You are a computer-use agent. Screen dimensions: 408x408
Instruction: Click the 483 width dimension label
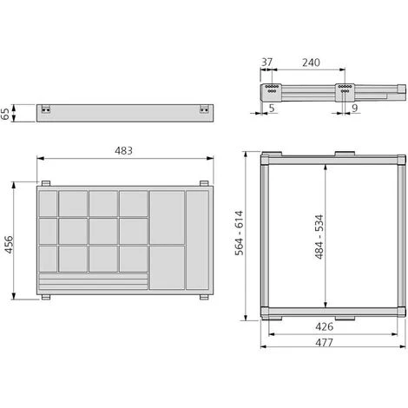pyautogui.click(x=123, y=151)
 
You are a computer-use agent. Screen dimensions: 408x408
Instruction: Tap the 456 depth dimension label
pyautogui.click(x=9, y=245)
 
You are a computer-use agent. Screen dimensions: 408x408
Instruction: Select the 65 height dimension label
pyautogui.click(x=5, y=114)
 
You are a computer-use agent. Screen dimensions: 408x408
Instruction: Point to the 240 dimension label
pyautogui.click(x=311, y=63)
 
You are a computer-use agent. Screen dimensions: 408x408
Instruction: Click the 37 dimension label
pyautogui.click(x=267, y=62)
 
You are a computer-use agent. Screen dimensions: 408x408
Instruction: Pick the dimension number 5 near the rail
pyautogui.click(x=272, y=108)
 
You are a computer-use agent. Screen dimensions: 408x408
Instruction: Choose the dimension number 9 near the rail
pyautogui.click(x=355, y=108)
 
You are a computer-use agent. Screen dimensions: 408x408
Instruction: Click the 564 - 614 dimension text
pyautogui.click(x=240, y=234)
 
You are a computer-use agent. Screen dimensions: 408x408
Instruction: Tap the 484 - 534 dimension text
pyautogui.click(x=319, y=237)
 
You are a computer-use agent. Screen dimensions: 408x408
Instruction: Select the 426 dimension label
pyautogui.click(x=324, y=326)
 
